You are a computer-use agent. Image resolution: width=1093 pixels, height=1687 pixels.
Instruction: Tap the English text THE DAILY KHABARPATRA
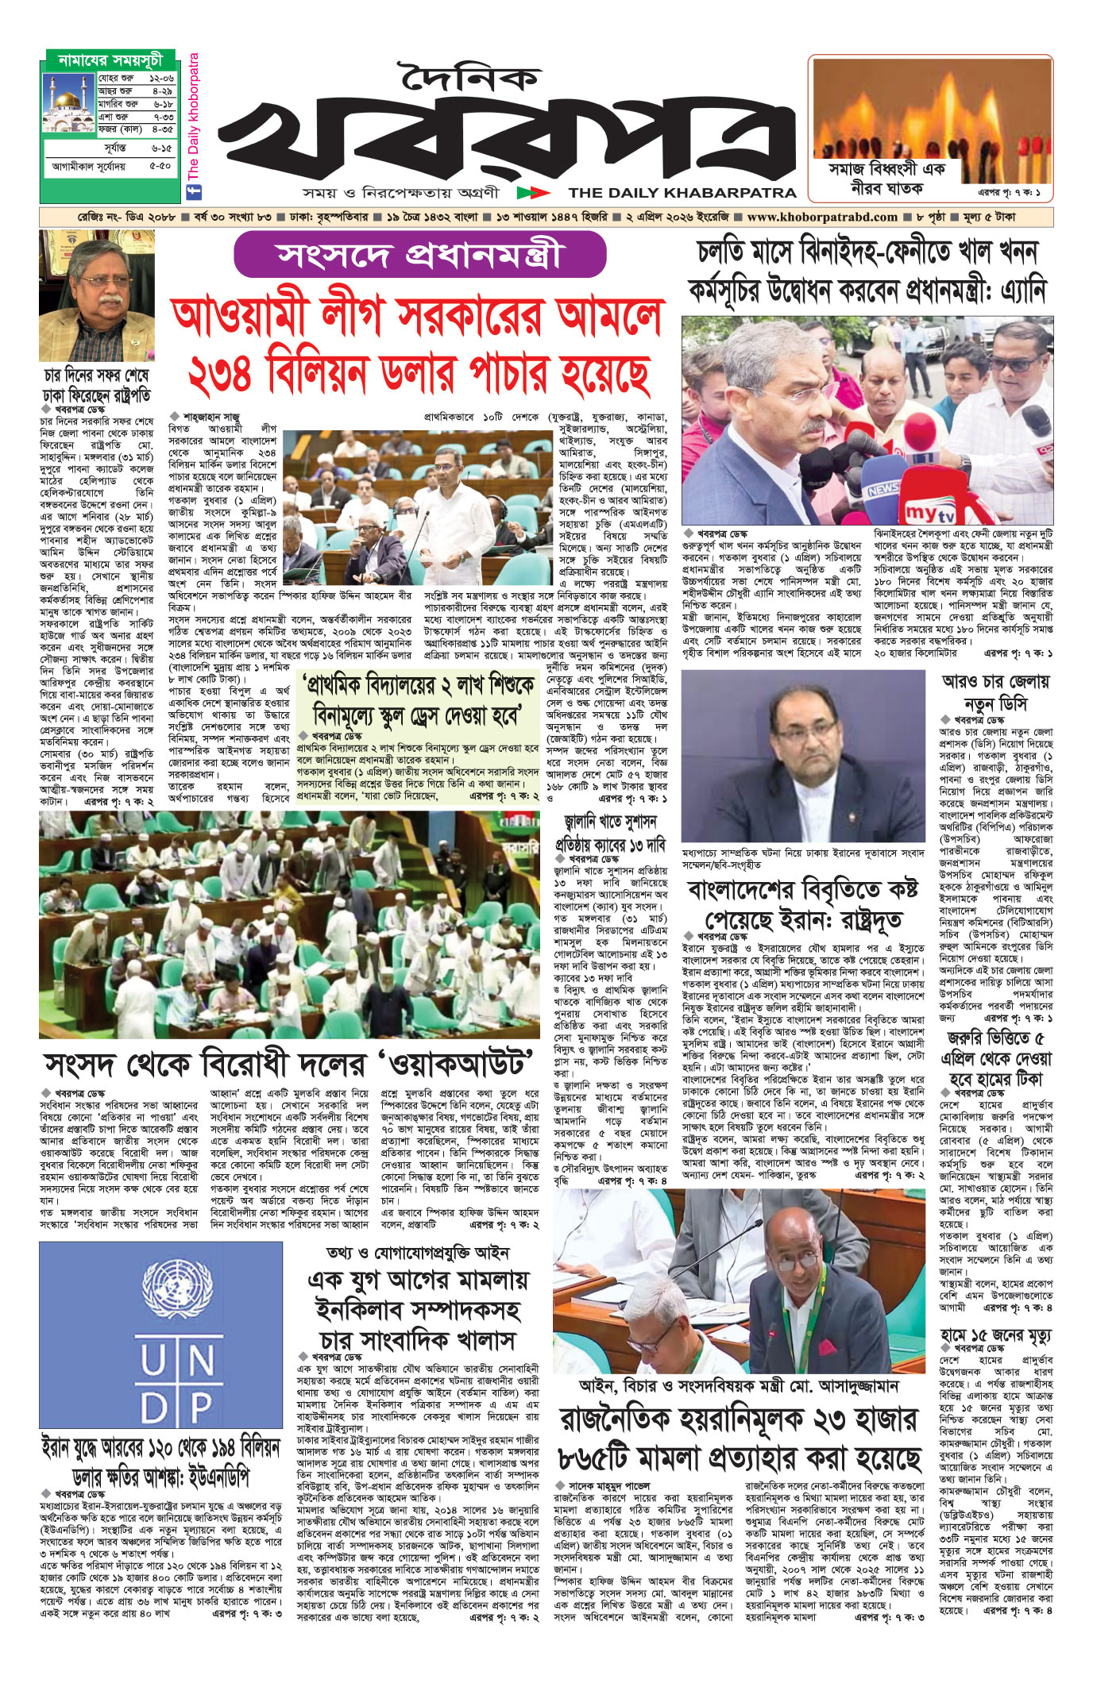coord(682,192)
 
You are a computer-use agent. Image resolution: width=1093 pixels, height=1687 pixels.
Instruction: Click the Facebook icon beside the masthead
coord(192,191)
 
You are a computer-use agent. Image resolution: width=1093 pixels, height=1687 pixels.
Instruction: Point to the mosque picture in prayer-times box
coord(69,103)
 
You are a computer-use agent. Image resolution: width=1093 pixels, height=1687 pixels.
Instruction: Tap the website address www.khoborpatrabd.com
coord(822,217)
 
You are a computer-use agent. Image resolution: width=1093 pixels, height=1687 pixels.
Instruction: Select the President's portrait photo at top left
coord(97,296)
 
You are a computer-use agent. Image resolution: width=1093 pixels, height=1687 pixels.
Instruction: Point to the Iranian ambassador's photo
coord(803,754)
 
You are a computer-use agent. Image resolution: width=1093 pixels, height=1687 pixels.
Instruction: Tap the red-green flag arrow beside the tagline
coord(533,192)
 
